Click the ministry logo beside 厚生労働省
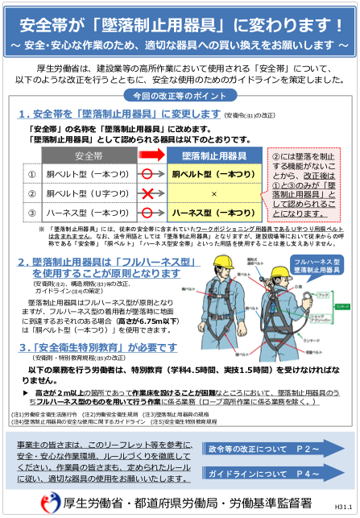tap(48, 501)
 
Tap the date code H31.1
tap(342, 508)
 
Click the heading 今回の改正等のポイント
tap(179, 95)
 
